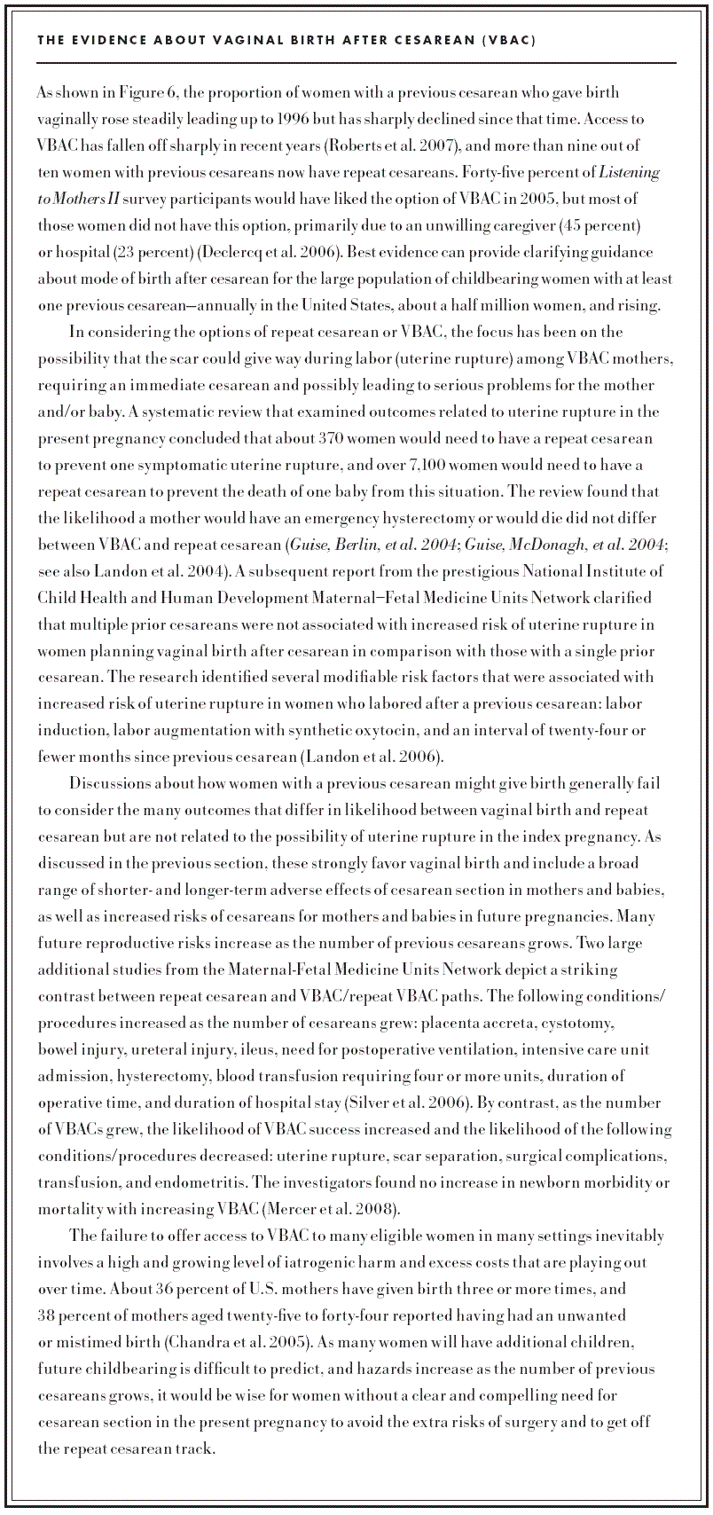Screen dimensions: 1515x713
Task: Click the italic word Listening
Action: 630,172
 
